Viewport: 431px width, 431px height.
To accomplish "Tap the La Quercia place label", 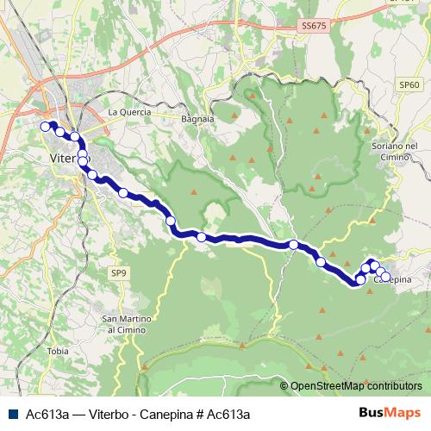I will pos(129,112).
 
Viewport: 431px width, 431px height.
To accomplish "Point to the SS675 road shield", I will pos(315,28).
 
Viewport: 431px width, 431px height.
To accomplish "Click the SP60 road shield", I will pos(409,85).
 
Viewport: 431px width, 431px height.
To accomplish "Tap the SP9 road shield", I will pos(118,273).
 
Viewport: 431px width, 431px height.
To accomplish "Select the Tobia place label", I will pos(59,351).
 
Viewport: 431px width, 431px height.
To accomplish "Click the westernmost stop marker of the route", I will pos(46,127).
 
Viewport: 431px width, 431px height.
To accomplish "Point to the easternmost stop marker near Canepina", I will pos(385,275).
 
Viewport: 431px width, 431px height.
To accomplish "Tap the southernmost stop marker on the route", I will pos(360,280).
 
